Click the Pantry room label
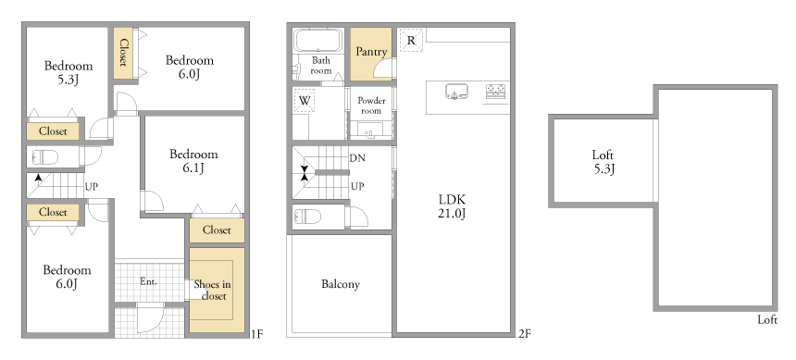(371, 52)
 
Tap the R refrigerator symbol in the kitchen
(411, 40)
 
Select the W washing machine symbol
(305, 101)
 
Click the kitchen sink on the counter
(457, 92)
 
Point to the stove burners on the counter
(496, 92)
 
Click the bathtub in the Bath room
(319, 40)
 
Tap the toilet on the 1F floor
(44, 157)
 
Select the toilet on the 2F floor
(307, 217)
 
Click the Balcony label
(341, 284)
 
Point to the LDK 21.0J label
(452, 205)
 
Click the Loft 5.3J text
(603, 162)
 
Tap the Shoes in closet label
(213, 290)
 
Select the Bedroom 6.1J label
(193, 160)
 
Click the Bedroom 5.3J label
(68, 72)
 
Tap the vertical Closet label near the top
(122, 53)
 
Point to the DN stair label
(357, 158)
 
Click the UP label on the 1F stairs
(92, 187)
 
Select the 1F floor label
(257, 333)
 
